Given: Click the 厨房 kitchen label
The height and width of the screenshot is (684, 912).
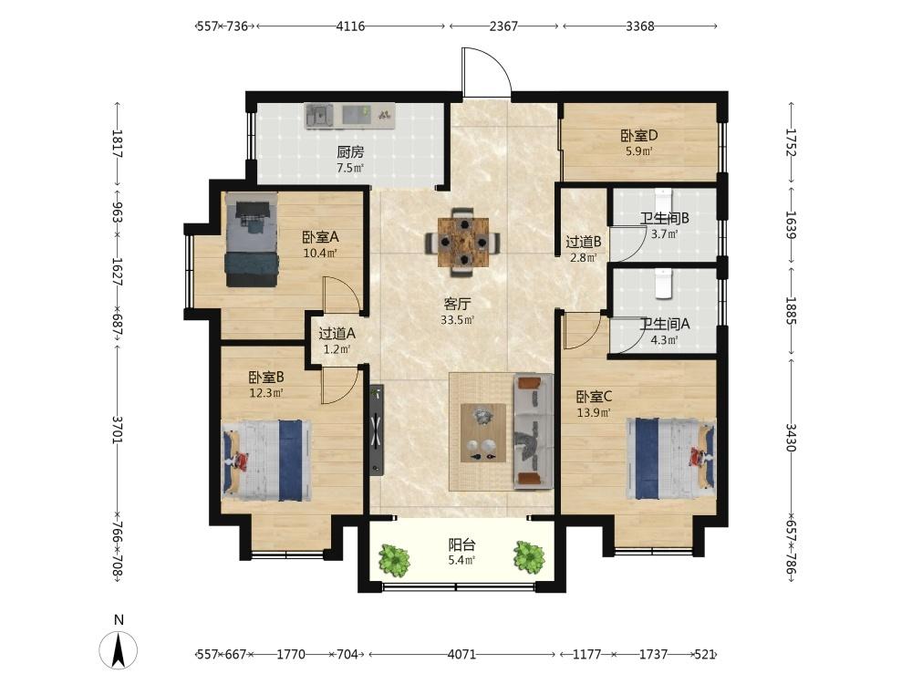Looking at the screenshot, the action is coord(350,152).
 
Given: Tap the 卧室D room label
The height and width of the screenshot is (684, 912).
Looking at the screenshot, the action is coord(638,136).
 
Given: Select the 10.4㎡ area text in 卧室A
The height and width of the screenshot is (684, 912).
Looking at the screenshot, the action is coord(320,253).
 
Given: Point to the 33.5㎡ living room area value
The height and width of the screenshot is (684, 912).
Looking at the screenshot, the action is coord(457,319).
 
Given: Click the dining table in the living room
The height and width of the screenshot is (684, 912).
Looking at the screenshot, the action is coord(463,242).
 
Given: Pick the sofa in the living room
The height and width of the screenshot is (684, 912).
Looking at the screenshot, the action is coord(533,430).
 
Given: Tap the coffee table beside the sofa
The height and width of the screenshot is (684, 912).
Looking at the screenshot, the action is coord(482,432).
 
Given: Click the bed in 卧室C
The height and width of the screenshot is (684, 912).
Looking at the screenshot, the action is coord(670,459).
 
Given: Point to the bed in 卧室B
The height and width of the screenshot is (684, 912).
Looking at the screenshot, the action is coord(266,461).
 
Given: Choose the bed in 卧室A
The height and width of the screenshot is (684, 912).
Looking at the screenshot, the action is coord(252,239).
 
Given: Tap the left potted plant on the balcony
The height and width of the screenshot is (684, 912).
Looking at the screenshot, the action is coord(394,560).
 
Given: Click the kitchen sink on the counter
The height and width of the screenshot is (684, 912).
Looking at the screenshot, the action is coord(318,116).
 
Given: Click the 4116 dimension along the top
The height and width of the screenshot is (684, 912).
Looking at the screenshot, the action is coord(350,26).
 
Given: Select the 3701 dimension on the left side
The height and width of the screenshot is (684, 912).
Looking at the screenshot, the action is coord(118,430).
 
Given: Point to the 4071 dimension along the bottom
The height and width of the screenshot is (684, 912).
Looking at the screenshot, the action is coord(461,654).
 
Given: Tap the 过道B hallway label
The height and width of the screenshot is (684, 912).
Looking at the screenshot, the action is coord(584,242).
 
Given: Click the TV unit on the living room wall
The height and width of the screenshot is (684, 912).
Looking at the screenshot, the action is coord(377,430).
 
